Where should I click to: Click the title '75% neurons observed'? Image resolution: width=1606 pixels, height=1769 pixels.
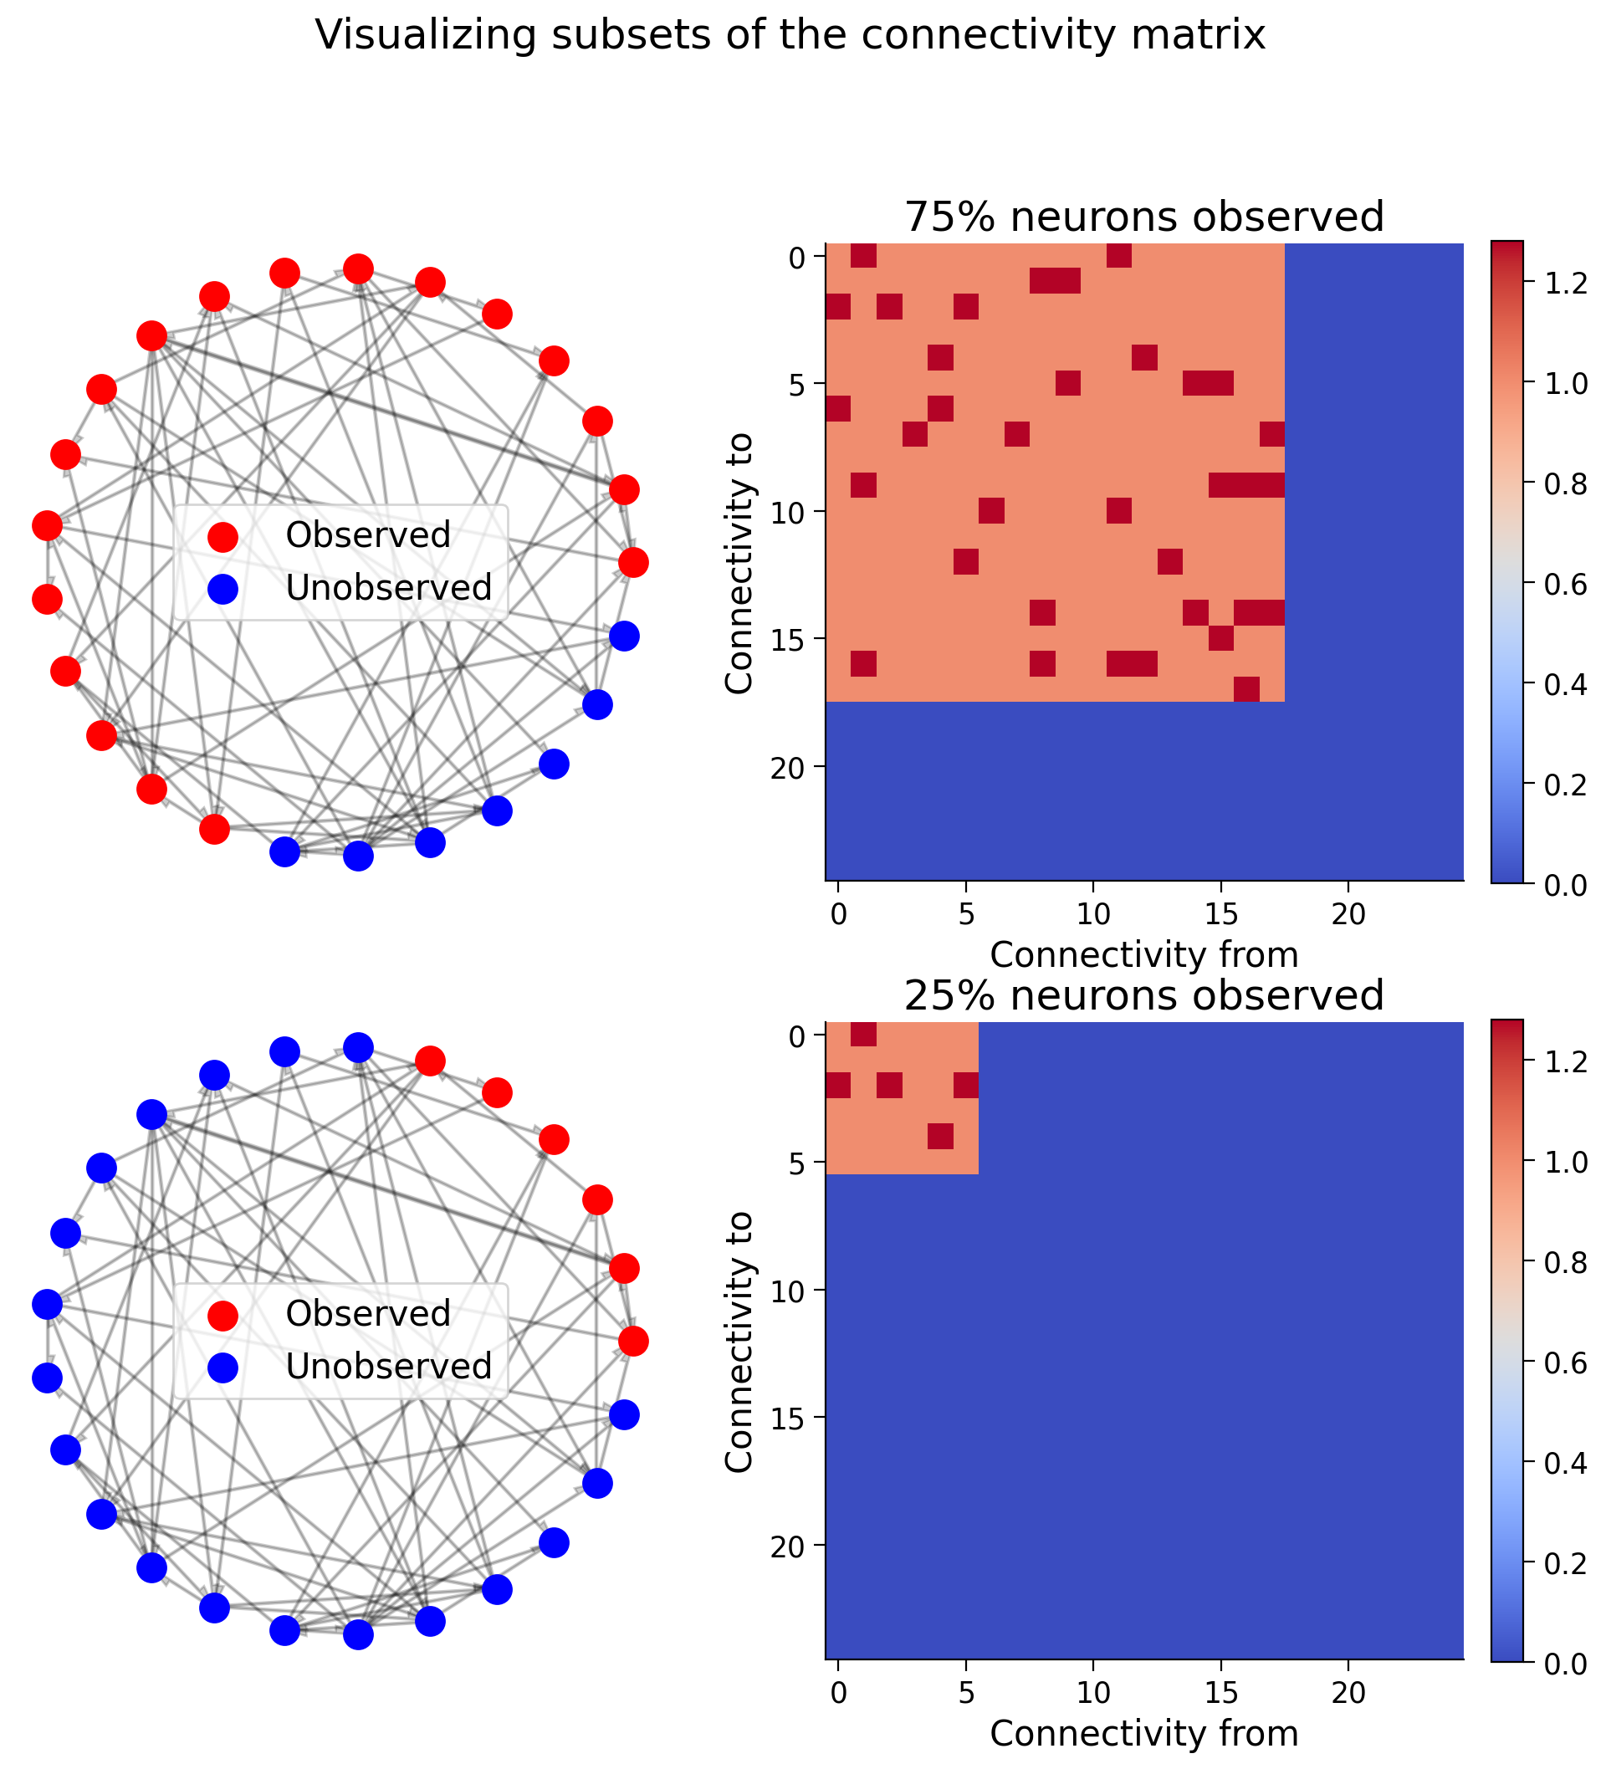[x=1143, y=217]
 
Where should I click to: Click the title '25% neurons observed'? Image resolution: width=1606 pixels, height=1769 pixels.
[x=1143, y=996]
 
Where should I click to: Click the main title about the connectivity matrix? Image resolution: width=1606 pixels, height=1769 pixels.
[x=790, y=36]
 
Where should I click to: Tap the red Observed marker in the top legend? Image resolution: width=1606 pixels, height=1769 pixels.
[x=222, y=536]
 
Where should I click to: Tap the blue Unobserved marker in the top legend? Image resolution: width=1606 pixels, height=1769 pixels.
[x=222, y=589]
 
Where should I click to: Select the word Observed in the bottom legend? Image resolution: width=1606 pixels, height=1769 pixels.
[x=368, y=1314]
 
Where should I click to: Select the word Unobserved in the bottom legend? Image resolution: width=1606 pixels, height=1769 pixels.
[x=389, y=1366]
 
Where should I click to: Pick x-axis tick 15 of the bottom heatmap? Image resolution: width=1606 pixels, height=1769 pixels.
[x=1220, y=1693]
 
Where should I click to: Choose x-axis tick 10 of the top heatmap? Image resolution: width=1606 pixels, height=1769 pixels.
[x=1093, y=914]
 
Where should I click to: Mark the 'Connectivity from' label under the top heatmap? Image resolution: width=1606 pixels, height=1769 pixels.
[x=1143, y=954]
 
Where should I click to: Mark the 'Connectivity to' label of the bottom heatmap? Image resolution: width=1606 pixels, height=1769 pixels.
[x=739, y=1341]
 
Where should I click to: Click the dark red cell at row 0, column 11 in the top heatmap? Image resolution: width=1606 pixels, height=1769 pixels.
[x=1119, y=256]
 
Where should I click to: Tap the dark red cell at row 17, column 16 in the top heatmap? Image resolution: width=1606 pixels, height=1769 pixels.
[x=1246, y=690]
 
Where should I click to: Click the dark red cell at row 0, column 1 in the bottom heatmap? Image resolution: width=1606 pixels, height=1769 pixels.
[x=863, y=1035]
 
